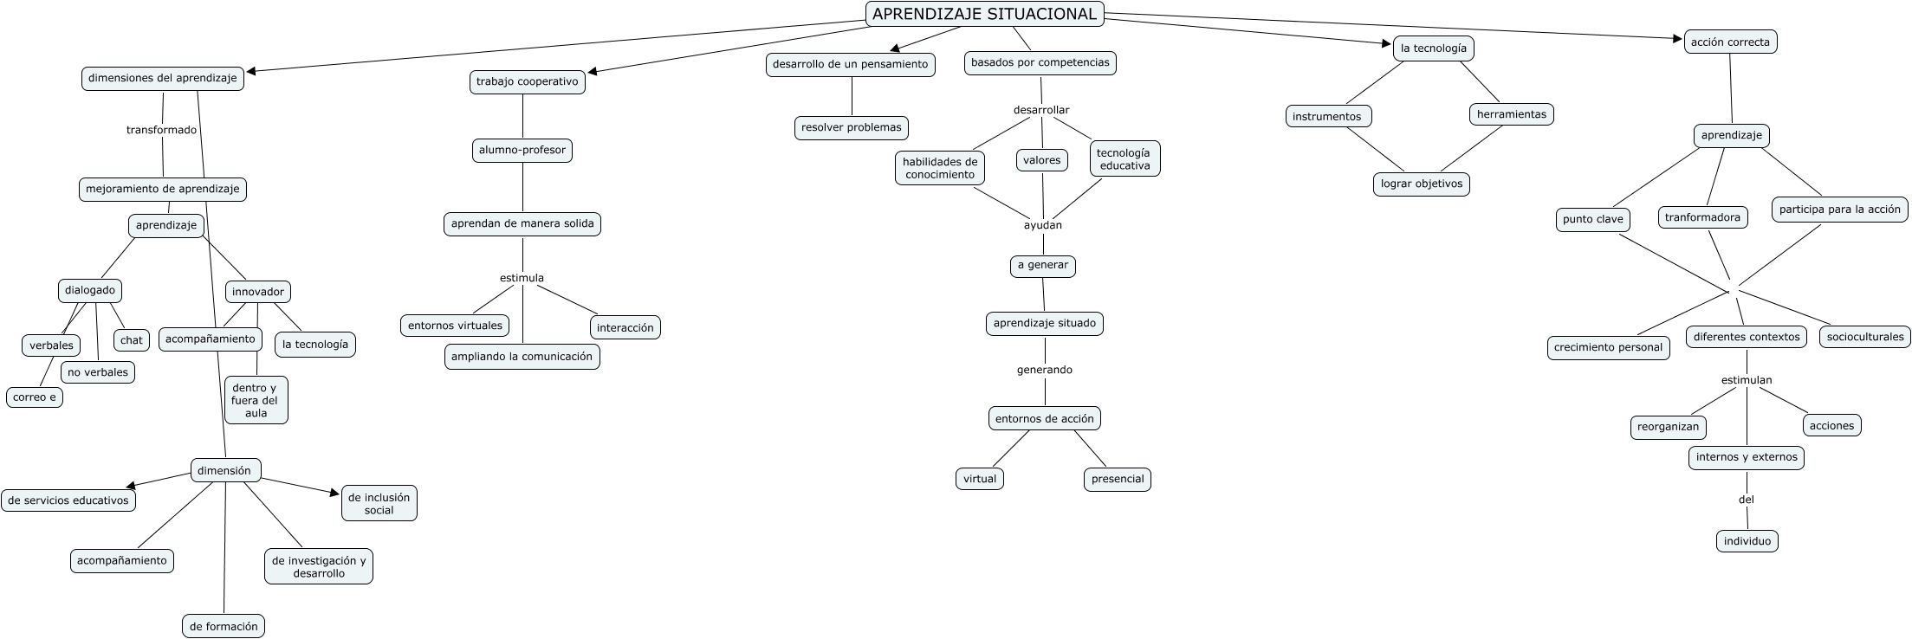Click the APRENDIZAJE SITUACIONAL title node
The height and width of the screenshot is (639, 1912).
(985, 14)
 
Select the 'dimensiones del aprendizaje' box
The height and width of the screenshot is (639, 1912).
(163, 78)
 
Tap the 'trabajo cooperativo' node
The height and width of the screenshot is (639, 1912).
(527, 81)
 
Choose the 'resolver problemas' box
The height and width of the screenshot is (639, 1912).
(851, 127)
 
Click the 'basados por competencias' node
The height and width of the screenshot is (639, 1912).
(1040, 62)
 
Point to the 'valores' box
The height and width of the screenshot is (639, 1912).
(1041, 160)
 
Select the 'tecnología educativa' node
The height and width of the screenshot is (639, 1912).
(1124, 158)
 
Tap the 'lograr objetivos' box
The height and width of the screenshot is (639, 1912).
(1421, 184)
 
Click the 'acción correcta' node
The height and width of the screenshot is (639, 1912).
(1729, 42)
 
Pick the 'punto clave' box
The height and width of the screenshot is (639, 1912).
(1592, 219)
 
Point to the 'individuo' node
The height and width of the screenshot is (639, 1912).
(1747, 541)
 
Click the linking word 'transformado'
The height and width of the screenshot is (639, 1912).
(161, 130)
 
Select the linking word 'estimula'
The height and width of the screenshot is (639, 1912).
(522, 278)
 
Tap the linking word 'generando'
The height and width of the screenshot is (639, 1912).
(1044, 370)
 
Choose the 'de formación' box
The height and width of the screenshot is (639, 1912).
(224, 626)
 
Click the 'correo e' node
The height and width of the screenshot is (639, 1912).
(35, 397)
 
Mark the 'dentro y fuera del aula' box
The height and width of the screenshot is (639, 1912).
(256, 400)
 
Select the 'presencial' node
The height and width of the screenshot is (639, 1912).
(1117, 479)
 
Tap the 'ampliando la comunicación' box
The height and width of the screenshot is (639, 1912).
(522, 356)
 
